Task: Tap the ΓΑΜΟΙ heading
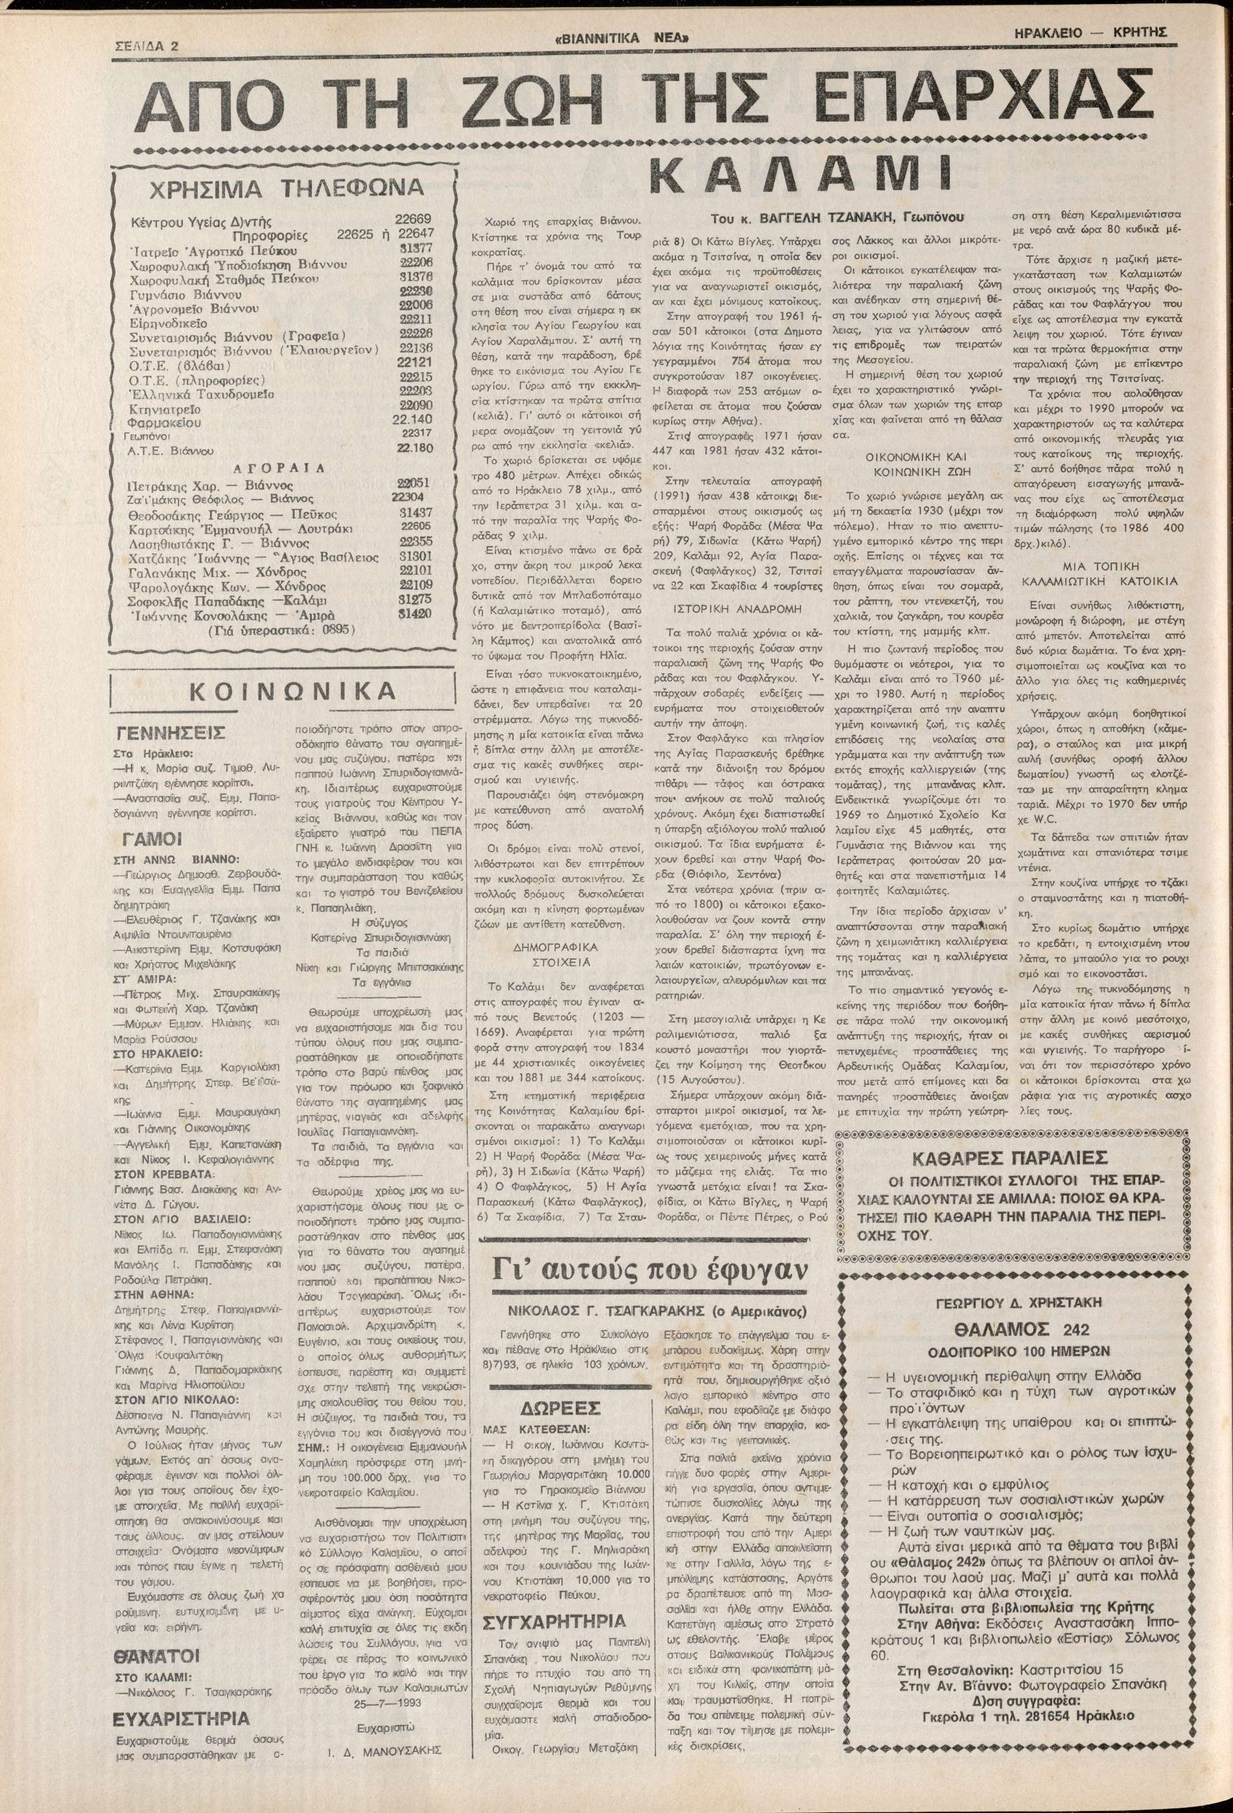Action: (154, 838)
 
